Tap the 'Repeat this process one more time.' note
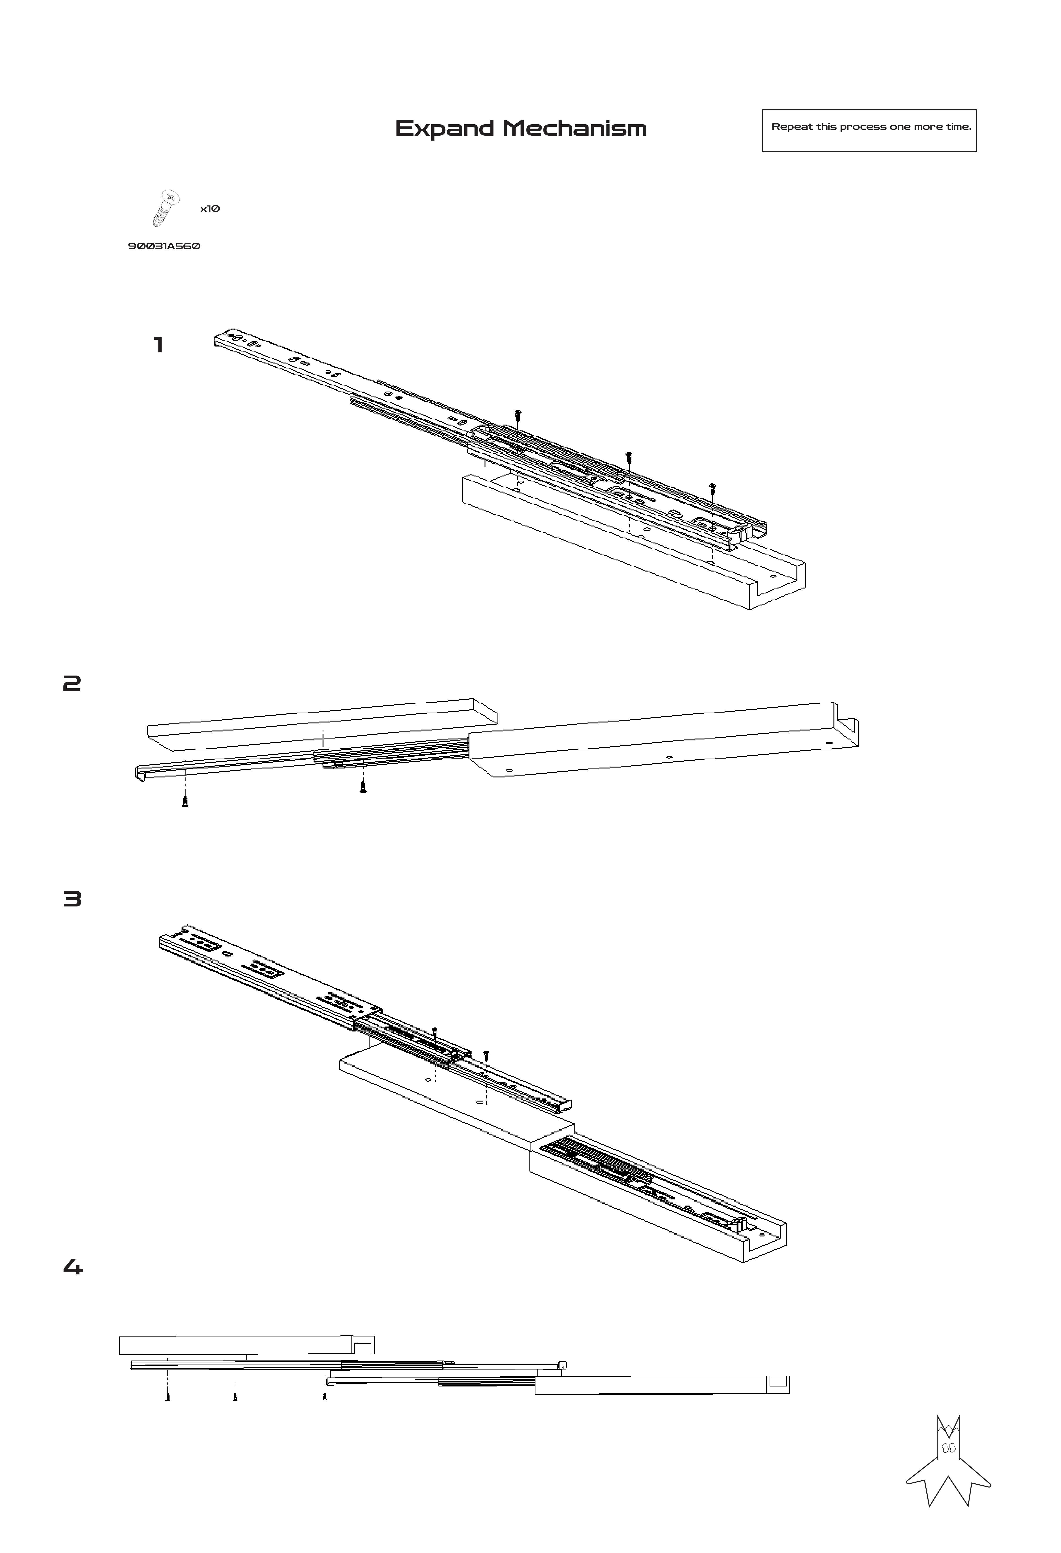tap(870, 127)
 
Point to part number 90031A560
tap(164, 246)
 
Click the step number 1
tap(158, 345)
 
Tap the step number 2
tap(71, 684)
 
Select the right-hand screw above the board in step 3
tap(486, 1055)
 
